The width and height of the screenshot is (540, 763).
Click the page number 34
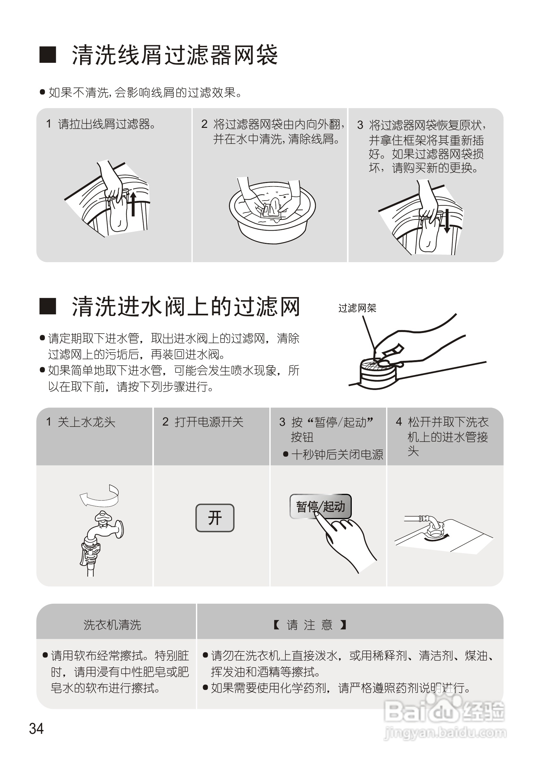(x=36, y=728)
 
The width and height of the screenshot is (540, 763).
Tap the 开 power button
(x=215, y=518)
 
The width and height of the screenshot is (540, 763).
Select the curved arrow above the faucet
(x=99, y=495)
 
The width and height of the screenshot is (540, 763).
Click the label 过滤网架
(x=357, y=308)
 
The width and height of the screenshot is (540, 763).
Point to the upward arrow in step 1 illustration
(x=133, y=203)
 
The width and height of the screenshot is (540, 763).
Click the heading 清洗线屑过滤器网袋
(x=175, y=55)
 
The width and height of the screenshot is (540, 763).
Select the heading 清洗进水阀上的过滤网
(x=186, y=306)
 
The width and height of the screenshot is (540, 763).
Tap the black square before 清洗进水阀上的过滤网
(x=48, y=306)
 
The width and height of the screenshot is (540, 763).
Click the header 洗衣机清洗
(x=112, y=625)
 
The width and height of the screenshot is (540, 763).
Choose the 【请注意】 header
(x=309, y=625)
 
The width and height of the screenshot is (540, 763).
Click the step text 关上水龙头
(x=86, y=422)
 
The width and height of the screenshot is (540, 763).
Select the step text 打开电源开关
(x=209, y=422)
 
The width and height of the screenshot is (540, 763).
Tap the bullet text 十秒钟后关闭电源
(x=337, y=455)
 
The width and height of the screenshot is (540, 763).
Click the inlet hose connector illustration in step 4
(x=434, y=528)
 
